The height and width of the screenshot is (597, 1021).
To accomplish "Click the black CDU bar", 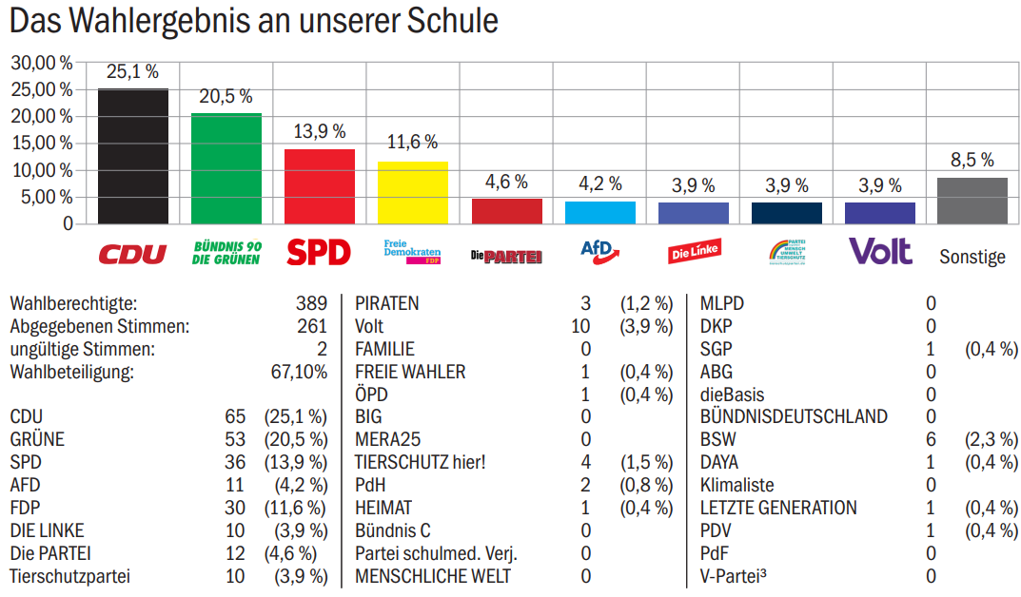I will (133, 156).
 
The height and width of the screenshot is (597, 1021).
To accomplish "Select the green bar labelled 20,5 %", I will (226, 168).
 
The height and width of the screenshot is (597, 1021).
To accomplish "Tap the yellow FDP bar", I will (412, 192).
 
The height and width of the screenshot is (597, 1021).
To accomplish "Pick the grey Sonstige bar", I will (972, 201).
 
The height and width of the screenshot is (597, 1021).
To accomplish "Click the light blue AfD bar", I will (599, 212).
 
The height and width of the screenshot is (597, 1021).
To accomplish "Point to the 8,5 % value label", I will (972, 160).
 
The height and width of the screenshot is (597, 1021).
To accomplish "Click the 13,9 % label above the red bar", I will (319, 131).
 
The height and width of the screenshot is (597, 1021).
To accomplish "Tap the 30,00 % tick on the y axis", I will (42, 63).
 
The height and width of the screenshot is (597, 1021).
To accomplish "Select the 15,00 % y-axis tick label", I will (42, 143).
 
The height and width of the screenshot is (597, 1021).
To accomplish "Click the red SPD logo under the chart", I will (319, 253).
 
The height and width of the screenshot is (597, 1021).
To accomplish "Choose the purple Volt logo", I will (879, 252).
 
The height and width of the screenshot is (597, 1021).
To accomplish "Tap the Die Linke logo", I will (694, 253).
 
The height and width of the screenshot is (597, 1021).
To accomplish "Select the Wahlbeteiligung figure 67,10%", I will (299, 372).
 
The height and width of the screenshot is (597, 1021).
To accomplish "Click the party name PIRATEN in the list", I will (386, 304).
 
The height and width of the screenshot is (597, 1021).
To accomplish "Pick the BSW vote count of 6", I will (931, 439).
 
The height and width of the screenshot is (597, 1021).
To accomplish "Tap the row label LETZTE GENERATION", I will (777, 508).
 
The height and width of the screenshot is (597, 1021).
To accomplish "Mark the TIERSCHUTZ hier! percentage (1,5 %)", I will (646, 462).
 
